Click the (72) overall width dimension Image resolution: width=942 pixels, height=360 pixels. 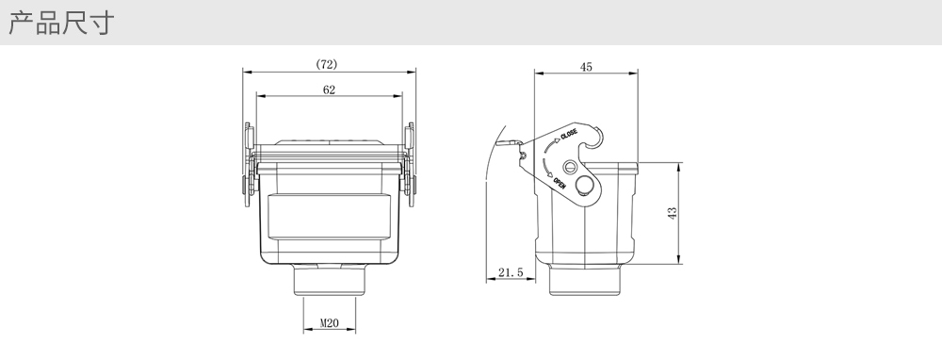pos(327,64)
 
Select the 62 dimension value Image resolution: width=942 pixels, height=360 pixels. pos(329,90)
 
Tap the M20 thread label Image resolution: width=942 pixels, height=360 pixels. pos(329,323)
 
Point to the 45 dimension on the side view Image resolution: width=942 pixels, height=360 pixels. pos(586,67)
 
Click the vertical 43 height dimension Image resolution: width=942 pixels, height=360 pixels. pos(673,213)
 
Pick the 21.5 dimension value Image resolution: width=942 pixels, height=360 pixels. pos(511,273)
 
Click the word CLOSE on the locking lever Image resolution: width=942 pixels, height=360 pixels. pos(569,134)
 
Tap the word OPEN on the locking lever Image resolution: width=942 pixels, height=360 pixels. pos(559,183)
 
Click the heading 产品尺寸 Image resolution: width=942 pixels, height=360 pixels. pos(60,23)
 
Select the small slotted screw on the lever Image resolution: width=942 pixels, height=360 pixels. pos(570,167)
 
